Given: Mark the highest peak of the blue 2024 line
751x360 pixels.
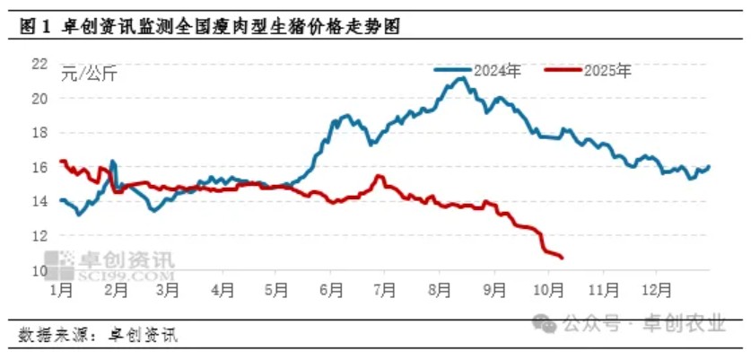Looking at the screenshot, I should pos(462,78).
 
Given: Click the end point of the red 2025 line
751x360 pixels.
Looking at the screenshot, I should pos(562,259).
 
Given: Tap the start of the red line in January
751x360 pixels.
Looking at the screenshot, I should pos(60,161).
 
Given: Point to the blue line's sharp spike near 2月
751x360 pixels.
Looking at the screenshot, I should pos(112,162).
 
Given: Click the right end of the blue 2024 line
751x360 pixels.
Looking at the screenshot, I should pos(709,166).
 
